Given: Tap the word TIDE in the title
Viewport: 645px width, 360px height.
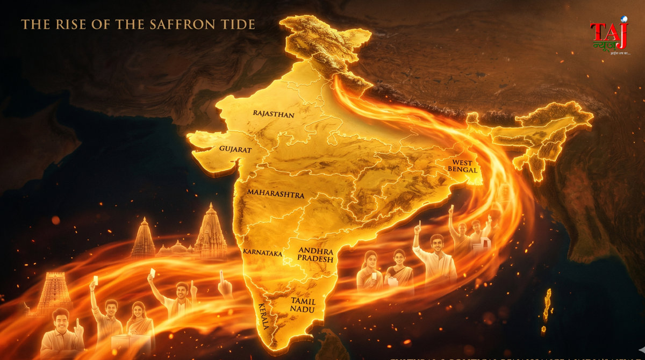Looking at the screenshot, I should [238, 24].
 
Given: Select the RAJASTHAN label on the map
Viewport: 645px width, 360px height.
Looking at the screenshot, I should [274, 114].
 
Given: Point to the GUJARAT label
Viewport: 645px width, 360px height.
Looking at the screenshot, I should [235, 149].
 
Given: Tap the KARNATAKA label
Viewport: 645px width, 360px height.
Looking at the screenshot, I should [262, 251].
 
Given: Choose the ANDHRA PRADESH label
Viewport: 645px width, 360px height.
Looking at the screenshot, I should [316, 255].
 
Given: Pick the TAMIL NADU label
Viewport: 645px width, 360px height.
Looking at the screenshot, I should [303, 305].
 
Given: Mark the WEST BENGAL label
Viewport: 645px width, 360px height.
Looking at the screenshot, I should [463, 165].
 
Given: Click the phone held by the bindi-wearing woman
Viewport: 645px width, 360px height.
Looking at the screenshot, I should [374, 276].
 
